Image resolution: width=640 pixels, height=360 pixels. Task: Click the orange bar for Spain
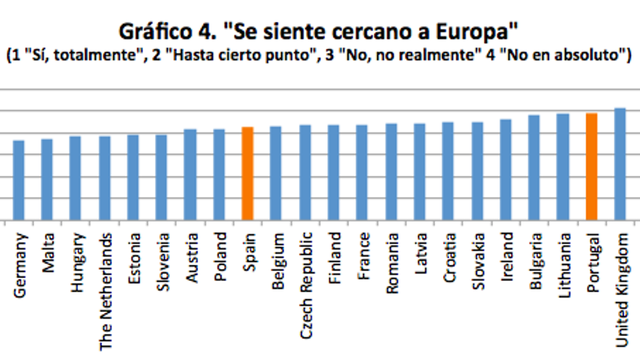click(247, 174)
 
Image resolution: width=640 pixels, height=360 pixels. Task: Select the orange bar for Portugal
click(591, 167)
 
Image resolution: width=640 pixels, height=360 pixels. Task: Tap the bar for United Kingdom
click(620, 164)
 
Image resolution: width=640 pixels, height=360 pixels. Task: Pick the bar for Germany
click(19, 180)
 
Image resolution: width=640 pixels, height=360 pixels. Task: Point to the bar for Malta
click(47, 180)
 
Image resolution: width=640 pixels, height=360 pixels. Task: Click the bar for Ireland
click(505, 169)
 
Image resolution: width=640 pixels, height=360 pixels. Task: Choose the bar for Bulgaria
click(534, 167)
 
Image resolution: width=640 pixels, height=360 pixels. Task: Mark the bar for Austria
click(191, 175)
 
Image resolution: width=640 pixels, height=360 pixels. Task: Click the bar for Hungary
click(76, 178)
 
